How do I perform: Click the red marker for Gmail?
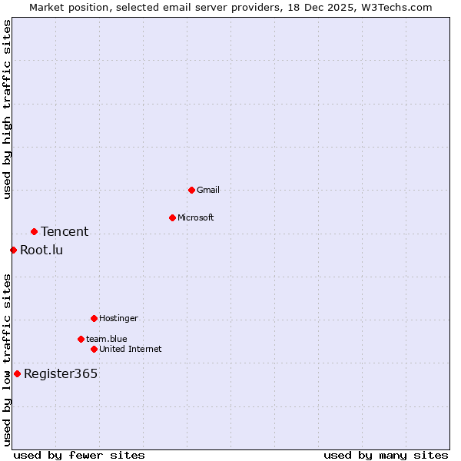point(191,190)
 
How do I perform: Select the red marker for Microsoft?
point(172,217)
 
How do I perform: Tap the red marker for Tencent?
point(34,231)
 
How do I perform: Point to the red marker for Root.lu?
point(13,250)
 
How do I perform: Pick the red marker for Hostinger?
point(94,318)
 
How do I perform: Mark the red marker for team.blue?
point(81,339)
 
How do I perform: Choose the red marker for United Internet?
point(94,349)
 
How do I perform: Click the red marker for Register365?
point(17,373)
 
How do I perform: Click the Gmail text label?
point(208,190)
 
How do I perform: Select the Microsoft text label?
point(196,217)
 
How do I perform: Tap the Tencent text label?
point(65,231)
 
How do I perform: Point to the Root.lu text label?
point(41,250)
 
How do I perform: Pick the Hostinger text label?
point(118,318)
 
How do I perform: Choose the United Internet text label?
point(131,349)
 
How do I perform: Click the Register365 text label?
point(61,374)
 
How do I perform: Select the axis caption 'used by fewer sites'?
point(79,455)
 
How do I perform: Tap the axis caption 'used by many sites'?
point(386,455)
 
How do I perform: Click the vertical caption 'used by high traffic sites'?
point(7,110)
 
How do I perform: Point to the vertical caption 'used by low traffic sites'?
point(7,360)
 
